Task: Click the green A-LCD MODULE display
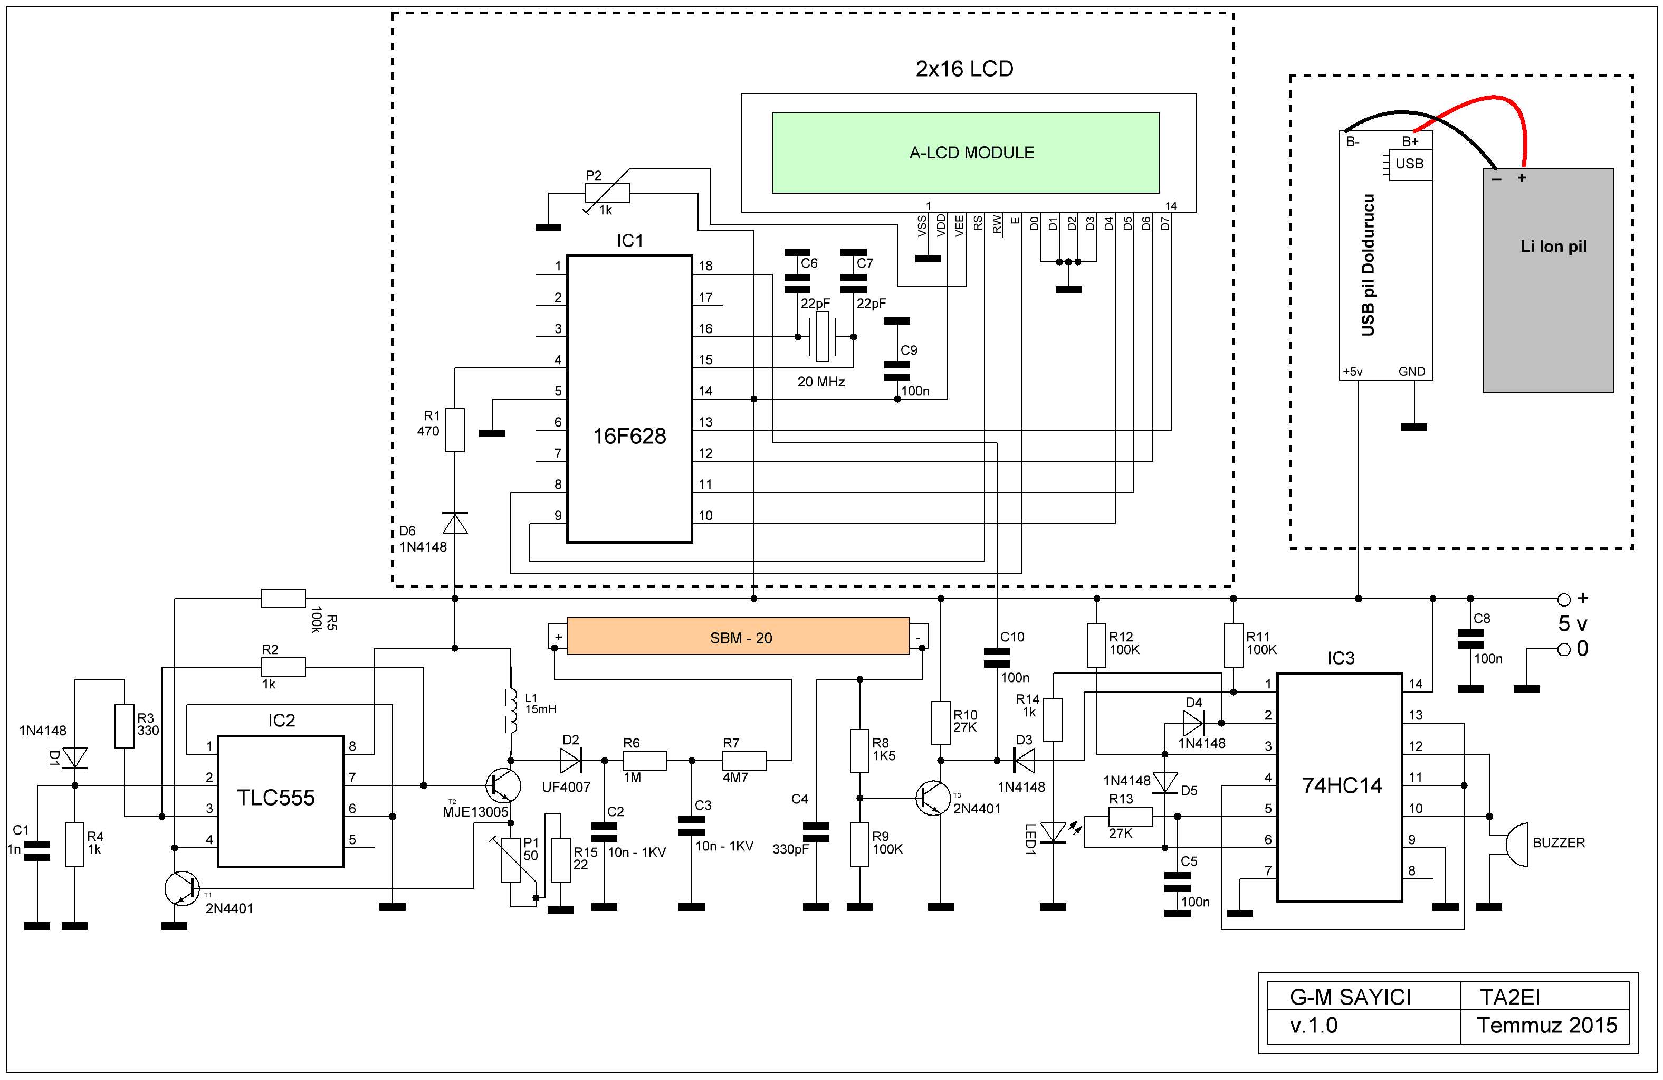point(965,153)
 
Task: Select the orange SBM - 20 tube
point(738,636)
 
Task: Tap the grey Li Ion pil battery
point(1549,280)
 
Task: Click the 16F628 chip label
point(629,436)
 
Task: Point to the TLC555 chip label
point(276,798)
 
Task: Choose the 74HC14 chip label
point(1342,785)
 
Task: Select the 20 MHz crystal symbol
point(823,337)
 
